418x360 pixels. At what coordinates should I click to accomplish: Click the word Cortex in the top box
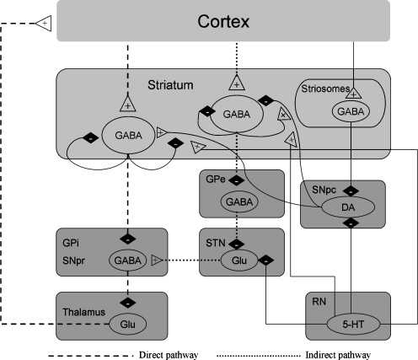(223, 19)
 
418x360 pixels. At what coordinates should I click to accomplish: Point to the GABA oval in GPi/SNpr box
(127, 261)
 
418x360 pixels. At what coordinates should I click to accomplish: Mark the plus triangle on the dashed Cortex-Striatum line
(126, 105)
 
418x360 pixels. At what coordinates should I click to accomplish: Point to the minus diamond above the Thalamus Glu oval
(127, 299)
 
